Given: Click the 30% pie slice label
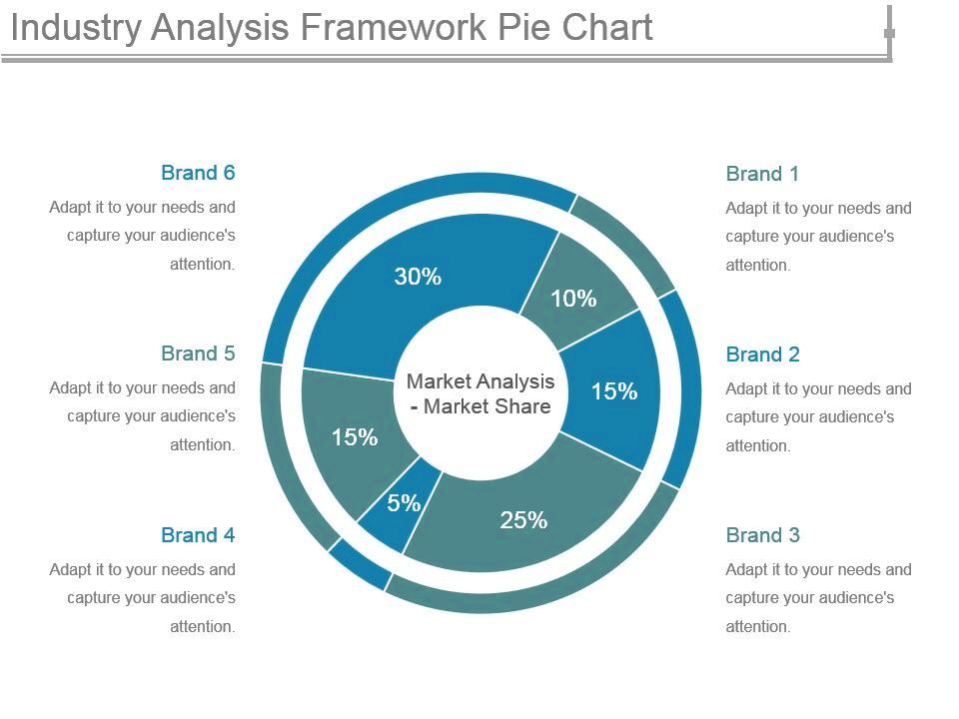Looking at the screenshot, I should point(418,278).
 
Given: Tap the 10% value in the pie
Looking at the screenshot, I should point(573,299).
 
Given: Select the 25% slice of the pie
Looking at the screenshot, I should point(523,520).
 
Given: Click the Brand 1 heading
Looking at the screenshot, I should point(762,174).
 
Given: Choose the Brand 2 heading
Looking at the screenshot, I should point(762,355).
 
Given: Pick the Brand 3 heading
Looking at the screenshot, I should point(762,535).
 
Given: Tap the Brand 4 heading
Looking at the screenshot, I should point(198,535).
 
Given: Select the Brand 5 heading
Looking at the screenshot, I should point(198,354).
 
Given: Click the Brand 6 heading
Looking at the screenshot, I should point(198,173).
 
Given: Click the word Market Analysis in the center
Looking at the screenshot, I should point(480,381).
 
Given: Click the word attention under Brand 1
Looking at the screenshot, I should point(757,266).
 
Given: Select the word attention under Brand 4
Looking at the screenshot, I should point(202,627).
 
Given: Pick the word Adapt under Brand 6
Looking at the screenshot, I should point(70,208).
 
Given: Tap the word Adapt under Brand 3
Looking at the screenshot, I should point(746,570).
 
